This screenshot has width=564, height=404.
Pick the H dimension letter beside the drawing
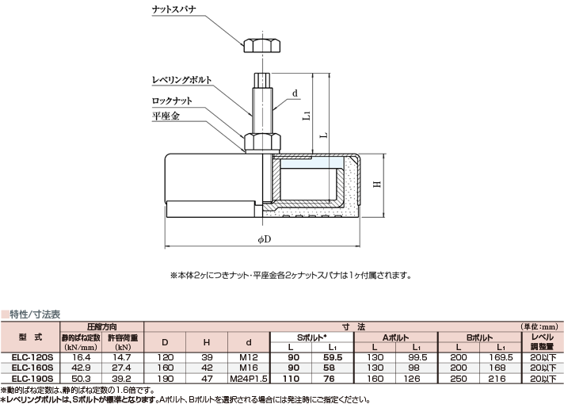(377, 185)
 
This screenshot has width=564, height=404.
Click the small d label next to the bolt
(295, 93)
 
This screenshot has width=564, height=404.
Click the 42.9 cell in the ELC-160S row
(79, 368)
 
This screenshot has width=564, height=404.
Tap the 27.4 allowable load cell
(123, 368)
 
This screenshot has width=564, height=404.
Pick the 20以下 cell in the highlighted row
(542, 368)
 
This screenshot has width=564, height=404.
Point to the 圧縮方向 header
(101, 326)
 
